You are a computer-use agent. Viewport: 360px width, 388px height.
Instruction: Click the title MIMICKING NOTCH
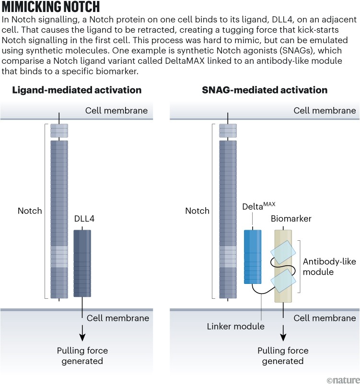50,8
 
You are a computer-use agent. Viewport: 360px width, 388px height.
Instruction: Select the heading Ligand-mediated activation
76,90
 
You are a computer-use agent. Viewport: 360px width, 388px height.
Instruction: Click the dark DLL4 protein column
82,263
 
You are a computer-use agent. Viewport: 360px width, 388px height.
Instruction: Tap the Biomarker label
291,219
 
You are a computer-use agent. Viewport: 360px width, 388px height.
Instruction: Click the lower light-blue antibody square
283,280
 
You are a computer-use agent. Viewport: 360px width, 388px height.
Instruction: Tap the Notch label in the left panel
30,211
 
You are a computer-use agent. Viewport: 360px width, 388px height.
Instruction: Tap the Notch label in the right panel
197,211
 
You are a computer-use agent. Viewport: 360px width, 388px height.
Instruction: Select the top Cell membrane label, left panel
116,111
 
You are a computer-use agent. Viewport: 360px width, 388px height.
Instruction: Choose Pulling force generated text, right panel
283,355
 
